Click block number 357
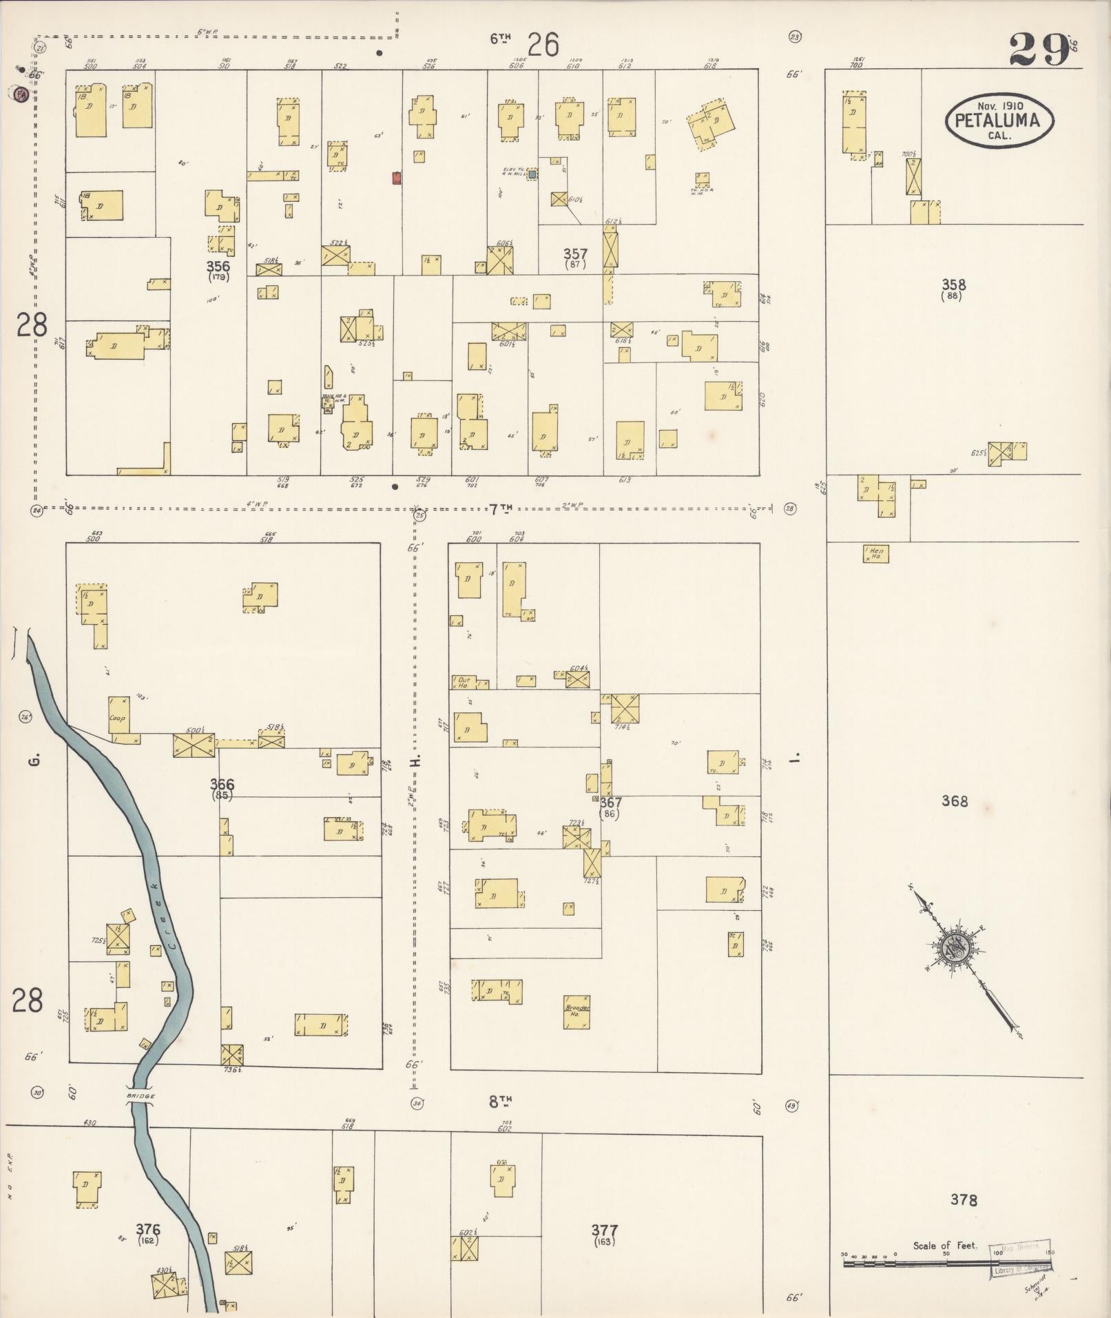pyautogui.click(x=575, y=254)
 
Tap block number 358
pyautogui.click(x=954, y=285)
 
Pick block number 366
pyautogui.click(x=222, y=784)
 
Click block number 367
pyautogui.click(x=610, y=803)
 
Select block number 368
pyautogui.click(x=954, y=801)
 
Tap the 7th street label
pyautogui.click(x=501, y=508)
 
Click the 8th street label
pyautogui.click(x=501, y=1101)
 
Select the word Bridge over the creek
pyautogui.click(x=141, y=1096)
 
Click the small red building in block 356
pyautogui.click(x=396, y=178)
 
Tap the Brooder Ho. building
pyautogui.click(x=576, y=1012)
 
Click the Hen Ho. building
pyautogui.click(x=875, y=553)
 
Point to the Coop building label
pyautogui.click(x=116, y=718)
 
